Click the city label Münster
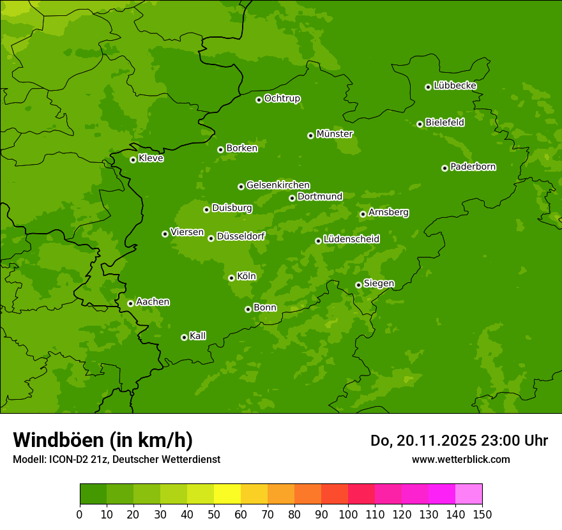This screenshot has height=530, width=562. (335, 134)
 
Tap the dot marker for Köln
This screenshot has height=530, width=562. (231, 278)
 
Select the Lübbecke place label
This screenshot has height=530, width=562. (455, 86)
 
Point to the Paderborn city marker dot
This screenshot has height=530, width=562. (444, 168)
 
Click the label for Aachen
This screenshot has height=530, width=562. (153, 302)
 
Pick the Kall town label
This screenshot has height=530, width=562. (198, 336)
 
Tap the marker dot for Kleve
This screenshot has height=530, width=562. (133, 160)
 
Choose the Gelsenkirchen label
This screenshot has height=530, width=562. (278, 185)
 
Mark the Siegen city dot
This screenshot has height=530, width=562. (358, 285)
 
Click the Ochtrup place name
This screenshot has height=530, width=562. (282, 98)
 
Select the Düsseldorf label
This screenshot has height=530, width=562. (241, 236)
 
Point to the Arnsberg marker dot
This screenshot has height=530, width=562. (363, 214)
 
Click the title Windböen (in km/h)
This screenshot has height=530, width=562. (103, 440)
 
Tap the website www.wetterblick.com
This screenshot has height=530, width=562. (461, 459)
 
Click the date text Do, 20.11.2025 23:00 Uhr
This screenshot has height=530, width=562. (459, 441)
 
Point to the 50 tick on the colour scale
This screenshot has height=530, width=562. (214, 514)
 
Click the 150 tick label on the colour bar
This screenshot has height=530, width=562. (482, 514)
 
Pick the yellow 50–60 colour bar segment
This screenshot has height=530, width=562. (227, 494)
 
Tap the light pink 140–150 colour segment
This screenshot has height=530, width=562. (469, 494)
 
